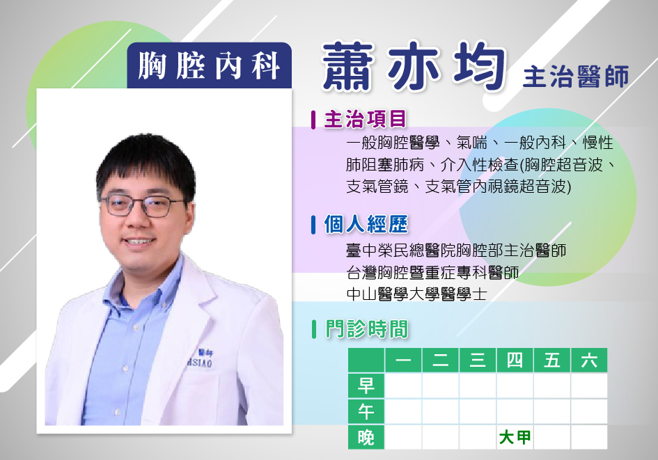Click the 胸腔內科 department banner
[210, 65]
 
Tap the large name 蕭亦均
[414, 66]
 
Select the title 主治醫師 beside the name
[576, 77]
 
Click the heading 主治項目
[365, 119]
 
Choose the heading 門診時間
[367, 328]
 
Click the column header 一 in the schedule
[403, 360]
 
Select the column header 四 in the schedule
[515, 360]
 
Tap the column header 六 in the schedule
[589, 360]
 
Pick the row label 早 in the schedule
[366, 386]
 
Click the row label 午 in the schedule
[366, 411]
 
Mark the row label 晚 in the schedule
[366, 437]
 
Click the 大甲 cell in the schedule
[515, 437]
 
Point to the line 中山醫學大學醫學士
[416, 294]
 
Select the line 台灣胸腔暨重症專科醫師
[432, 273]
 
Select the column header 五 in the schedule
[552, 360]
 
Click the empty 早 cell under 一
[403, 386]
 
